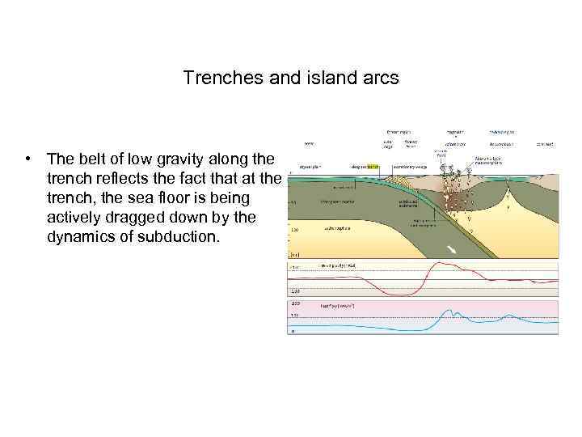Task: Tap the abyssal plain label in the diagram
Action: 310,167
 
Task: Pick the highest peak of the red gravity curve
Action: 440,263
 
